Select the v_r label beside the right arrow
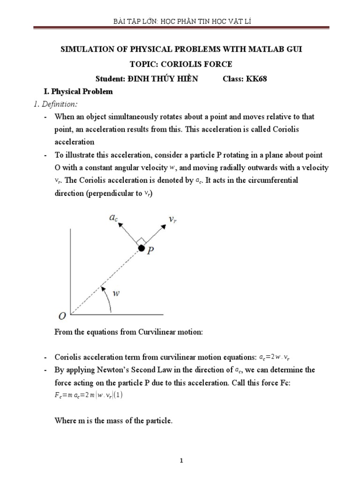coord(172,219)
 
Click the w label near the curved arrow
coord(117,293)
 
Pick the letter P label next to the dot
coord(150,251)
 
